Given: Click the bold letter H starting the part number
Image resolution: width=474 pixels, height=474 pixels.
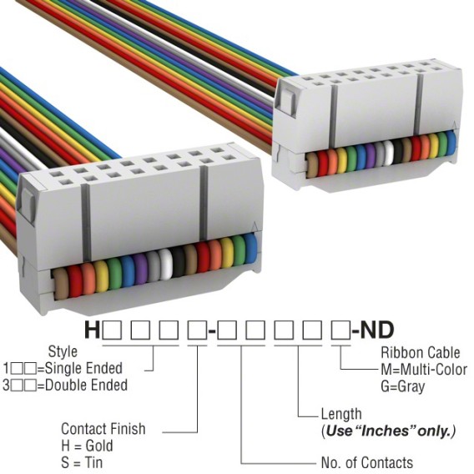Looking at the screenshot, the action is point(92,330).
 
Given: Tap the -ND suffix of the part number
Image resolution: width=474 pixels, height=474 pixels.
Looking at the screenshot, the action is point(373,330).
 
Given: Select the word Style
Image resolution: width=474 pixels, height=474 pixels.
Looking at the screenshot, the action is point(63,352).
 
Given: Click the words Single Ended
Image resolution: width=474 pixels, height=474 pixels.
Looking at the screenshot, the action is point(83,368).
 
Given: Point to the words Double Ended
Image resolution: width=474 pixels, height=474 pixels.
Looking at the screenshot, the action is point(87,386).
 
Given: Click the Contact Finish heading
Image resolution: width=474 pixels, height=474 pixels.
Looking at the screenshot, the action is point(103,429).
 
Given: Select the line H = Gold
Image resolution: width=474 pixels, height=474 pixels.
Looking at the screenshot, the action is point(87,446).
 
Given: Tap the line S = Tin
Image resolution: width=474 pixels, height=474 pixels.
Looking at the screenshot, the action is point(82,462).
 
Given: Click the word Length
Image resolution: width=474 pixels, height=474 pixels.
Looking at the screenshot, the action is point(341,414).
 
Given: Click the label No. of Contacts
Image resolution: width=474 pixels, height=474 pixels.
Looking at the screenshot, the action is point(367,462).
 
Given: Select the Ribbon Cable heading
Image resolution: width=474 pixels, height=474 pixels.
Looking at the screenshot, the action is point(421,352).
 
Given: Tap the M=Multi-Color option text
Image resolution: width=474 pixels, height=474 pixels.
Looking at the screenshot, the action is point(424,370).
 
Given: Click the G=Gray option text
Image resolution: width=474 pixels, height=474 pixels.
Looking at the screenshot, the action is point(403,386).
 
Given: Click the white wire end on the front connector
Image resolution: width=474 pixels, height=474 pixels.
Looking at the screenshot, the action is point(165,265).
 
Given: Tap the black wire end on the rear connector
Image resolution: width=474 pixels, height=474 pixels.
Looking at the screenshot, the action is point(398,150).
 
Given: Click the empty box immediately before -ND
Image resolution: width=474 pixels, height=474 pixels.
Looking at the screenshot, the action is point(341,330).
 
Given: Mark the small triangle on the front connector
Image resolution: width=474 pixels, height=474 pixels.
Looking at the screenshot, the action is point(255,226).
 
